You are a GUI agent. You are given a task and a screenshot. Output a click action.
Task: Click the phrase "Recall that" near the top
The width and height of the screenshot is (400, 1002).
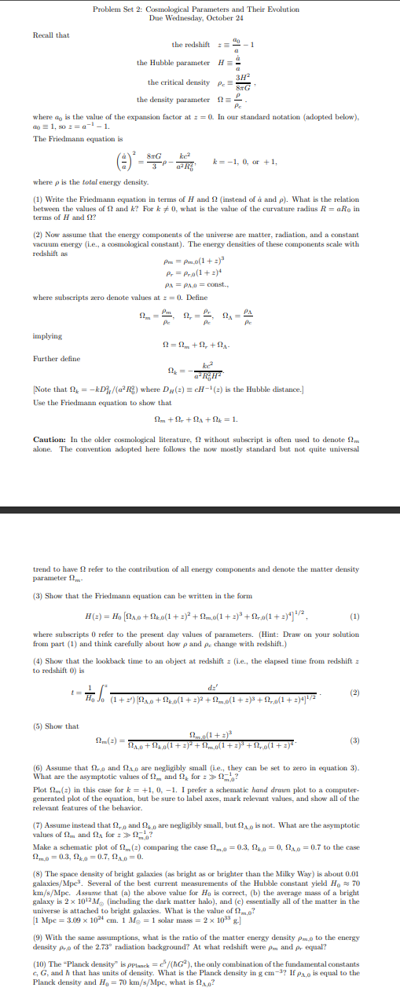point(51,35)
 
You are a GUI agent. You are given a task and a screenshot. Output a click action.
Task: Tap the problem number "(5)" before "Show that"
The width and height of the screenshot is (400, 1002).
point(38,726)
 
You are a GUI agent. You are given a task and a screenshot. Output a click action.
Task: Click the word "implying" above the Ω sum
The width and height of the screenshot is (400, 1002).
point(47,336)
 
